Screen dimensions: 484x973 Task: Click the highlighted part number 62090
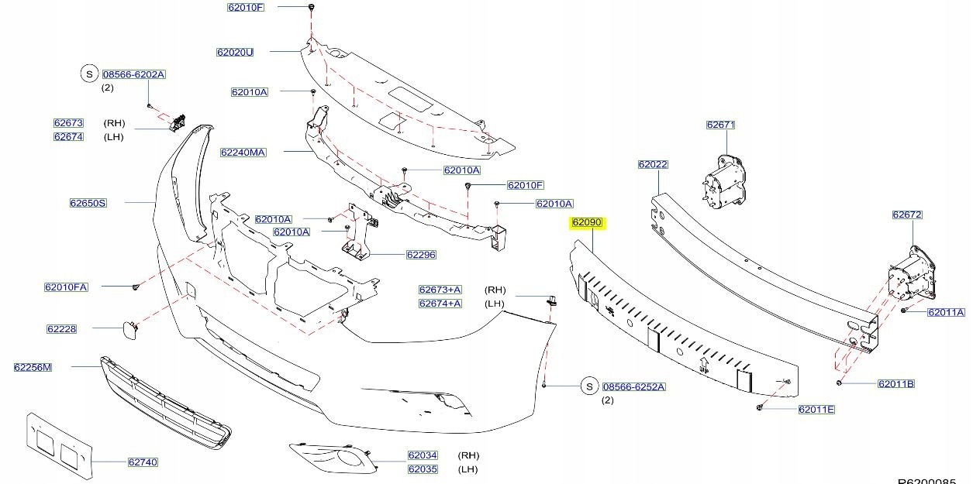pyautogui.click(x=587, y=222)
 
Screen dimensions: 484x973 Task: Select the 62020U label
pyautogui.click(x=235, y=53)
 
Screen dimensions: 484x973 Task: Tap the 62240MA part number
pyautogui.click(x=243, y=153)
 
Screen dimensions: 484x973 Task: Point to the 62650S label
pyautogui.click(x=88, y=203)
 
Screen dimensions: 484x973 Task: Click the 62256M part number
pyautogui.click(x=33, y=367)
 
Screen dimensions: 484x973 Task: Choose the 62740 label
pyautogui.click(x=143, y=462)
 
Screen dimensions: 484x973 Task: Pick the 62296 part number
pyautogui.click(x=421, y=254)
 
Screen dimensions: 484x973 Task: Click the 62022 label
pyautogui.click(x=653, y=164)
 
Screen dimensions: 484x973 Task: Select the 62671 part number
pyautogui.click(x=720, y=125)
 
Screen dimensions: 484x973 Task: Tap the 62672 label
pyautogui.click(x=906, y=215)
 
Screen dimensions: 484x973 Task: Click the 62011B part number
pyautogui.click(x=896, y=383)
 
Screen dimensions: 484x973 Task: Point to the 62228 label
pyautogui.click(x=61, y=328)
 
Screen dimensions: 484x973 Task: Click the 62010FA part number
pyautogui.click(x=66, y=287)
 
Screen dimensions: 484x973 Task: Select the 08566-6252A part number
pyautogui.click(x=634, y=386)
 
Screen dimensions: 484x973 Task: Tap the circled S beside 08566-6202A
pyautogui.click(x=89, y=74)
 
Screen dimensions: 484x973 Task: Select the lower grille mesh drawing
pyautogui.click(x=167, y=403)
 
